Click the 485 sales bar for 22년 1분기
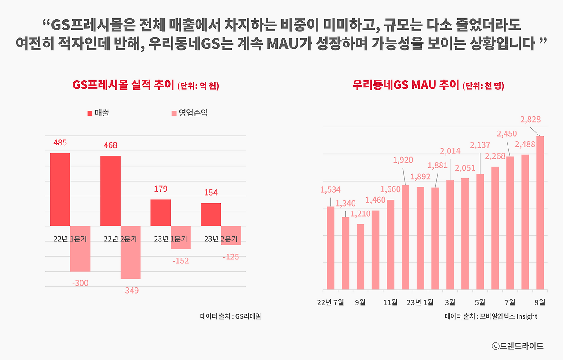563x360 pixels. pyautogui.click(x=60, y=189)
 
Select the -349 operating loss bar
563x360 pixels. pyautogui.click(x=130, y=252)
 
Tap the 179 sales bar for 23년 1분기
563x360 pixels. pyautogui.click(x=161, y=213)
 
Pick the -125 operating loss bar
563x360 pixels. pyautogui.click(x=231, y=236)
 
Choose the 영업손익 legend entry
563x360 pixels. pyautogui.click(x=189, y=113)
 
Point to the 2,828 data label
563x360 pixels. pyautogui.click(x=530, y=119)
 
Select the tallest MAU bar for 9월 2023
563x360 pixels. pyautogui.click(x=540, y=213)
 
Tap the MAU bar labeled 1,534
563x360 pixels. pyautogui.click(x=331, y=248)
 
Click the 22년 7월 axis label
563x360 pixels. pyautogui.click(x=331, y=302)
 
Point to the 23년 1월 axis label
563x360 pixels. pyautogui.click(x=420, y=302)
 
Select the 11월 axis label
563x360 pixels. pyautogui.click(x=390, y=302)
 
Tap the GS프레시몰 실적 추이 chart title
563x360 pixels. pyautogui.click(x=145, y=85)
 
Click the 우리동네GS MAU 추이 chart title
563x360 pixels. pyautogui.click(x=428, y=85)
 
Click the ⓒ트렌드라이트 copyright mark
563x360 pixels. pyautogui.click(x=518, y=346)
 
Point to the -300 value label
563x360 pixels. pyautogui.click(x=80, y=284)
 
